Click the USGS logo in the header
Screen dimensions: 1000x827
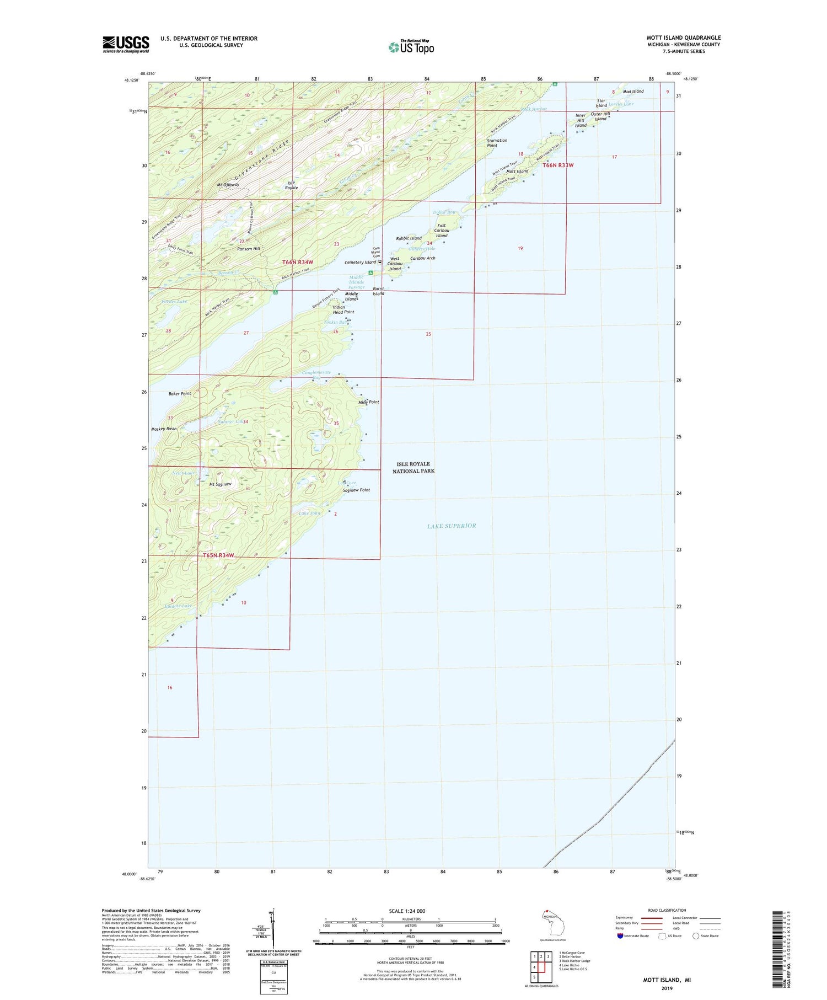coord(126,44)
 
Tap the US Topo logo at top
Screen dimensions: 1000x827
coord(411,47)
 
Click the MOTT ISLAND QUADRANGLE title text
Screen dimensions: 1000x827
coord(683,38)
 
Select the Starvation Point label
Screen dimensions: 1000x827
coord(497,143)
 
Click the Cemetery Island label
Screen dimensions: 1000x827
coord(360,262)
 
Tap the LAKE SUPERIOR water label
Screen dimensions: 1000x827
coord(451,526)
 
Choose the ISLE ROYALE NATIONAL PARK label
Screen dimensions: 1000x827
coord(413,467)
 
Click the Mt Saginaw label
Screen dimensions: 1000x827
coord(220,484)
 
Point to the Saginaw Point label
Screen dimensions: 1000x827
coord(356,490)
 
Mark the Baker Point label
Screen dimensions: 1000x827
coord(180,394)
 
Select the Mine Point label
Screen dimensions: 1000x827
coord(369,402)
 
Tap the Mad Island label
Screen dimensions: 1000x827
coord(633,91)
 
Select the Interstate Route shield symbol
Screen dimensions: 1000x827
coord(620,936)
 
